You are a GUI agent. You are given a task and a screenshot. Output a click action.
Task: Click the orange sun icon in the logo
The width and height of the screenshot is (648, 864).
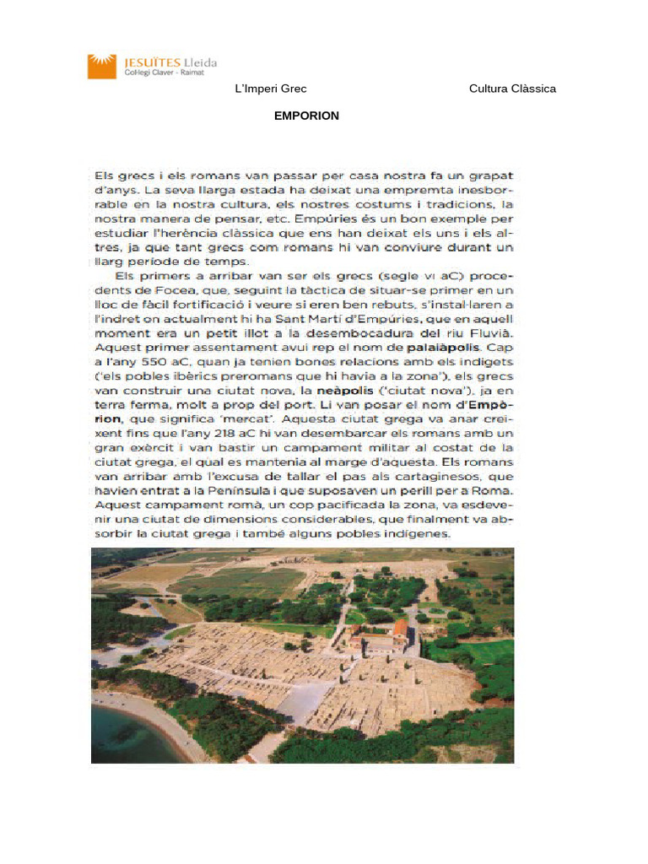[x=100, y=66]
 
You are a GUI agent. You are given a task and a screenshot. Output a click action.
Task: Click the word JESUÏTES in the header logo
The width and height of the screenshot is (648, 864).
[x=147, y=62]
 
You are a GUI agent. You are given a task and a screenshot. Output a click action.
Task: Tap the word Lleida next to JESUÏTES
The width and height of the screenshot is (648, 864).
[x=199, y=62]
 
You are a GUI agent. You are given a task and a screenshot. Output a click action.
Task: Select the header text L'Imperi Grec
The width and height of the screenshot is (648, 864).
[x=271, y=89]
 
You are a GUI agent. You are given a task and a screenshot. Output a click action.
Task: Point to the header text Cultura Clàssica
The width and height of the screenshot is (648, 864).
[x=512, y=89]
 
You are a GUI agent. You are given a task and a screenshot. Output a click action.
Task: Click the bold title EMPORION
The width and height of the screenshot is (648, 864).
[x=306, y=116]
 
